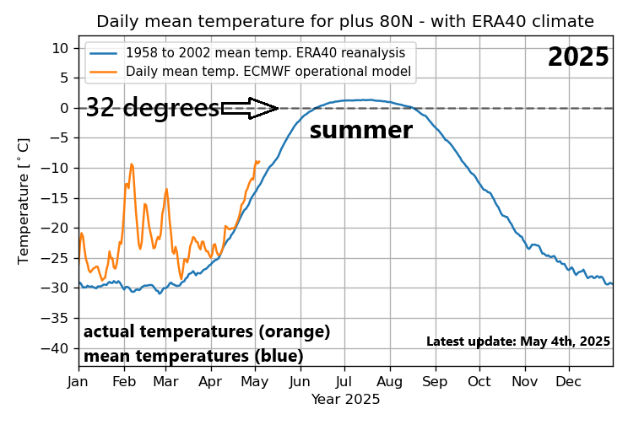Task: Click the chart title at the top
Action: pos(344,21)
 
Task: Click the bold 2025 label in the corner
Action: pos(577,57)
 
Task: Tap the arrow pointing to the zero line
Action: pos(251,108)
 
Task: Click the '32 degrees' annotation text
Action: pos(152,108)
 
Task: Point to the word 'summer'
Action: pos(360,131)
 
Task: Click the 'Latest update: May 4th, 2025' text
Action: pos(517,342)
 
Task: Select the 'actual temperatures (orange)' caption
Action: pos(207,331)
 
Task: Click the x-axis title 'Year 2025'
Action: pos(345,398)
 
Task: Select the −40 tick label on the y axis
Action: pos(57,347)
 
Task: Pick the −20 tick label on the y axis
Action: pos(57,228)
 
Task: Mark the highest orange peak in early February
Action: pos(132,164)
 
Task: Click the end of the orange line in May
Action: pos(258,161)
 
